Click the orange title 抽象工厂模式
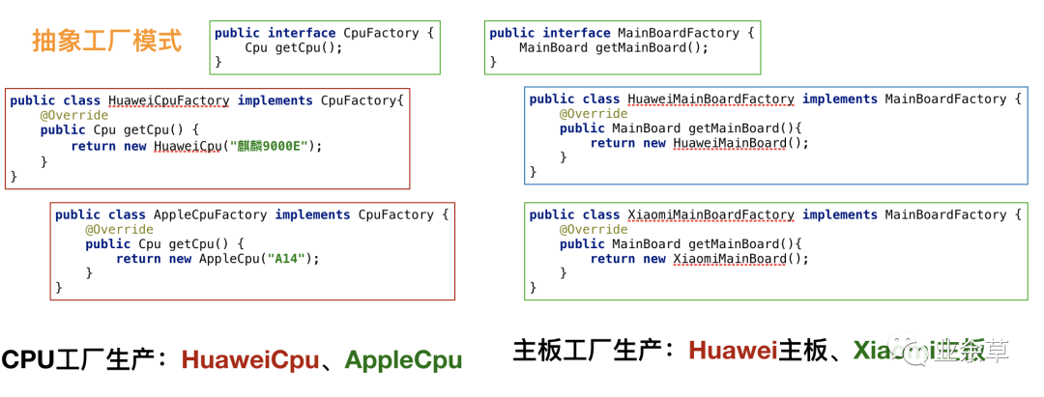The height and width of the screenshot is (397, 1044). (106, 42)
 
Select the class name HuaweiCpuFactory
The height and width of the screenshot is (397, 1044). (169, 100)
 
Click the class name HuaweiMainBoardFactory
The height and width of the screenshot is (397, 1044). (710, 99)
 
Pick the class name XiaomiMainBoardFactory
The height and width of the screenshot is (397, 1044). (710, 214)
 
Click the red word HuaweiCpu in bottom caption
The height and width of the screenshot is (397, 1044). (250, 360)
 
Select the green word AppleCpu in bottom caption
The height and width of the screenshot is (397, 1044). (403, 360)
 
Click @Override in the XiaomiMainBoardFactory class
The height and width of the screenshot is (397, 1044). (594, 229)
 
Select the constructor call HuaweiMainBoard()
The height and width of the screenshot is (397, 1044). (740, 143)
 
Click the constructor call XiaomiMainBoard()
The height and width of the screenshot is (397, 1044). (740, 259)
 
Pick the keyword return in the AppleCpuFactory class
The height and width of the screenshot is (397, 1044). (138, 259)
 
